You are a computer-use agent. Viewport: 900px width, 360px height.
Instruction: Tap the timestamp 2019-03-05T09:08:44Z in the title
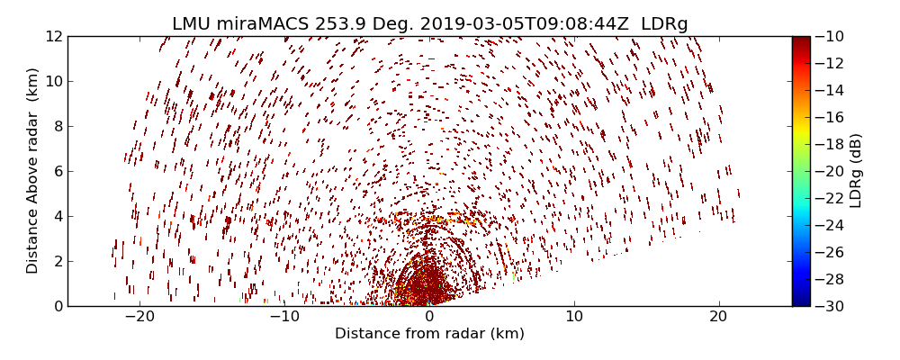tap(509, 24)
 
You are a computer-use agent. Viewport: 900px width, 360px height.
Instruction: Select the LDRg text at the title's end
tap(664, 24)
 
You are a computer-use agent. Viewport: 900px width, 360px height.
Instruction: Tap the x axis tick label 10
tap(574, 318)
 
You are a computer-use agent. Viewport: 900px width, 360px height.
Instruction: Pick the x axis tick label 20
tap(718, 318)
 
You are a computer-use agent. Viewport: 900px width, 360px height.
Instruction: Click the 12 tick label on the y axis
tap(53, 36)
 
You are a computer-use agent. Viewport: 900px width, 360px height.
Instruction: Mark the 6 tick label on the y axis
tap(57, 171)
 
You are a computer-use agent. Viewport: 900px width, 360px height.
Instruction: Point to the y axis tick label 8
tap(57, 126)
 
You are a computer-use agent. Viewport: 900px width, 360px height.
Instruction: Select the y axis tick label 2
tap(57, 261)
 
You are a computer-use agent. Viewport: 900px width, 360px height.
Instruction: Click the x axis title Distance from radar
tap(429, 334)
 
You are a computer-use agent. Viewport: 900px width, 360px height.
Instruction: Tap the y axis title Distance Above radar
tap(33, 171)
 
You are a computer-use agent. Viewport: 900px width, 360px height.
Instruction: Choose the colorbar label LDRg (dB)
tap(856, 171)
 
